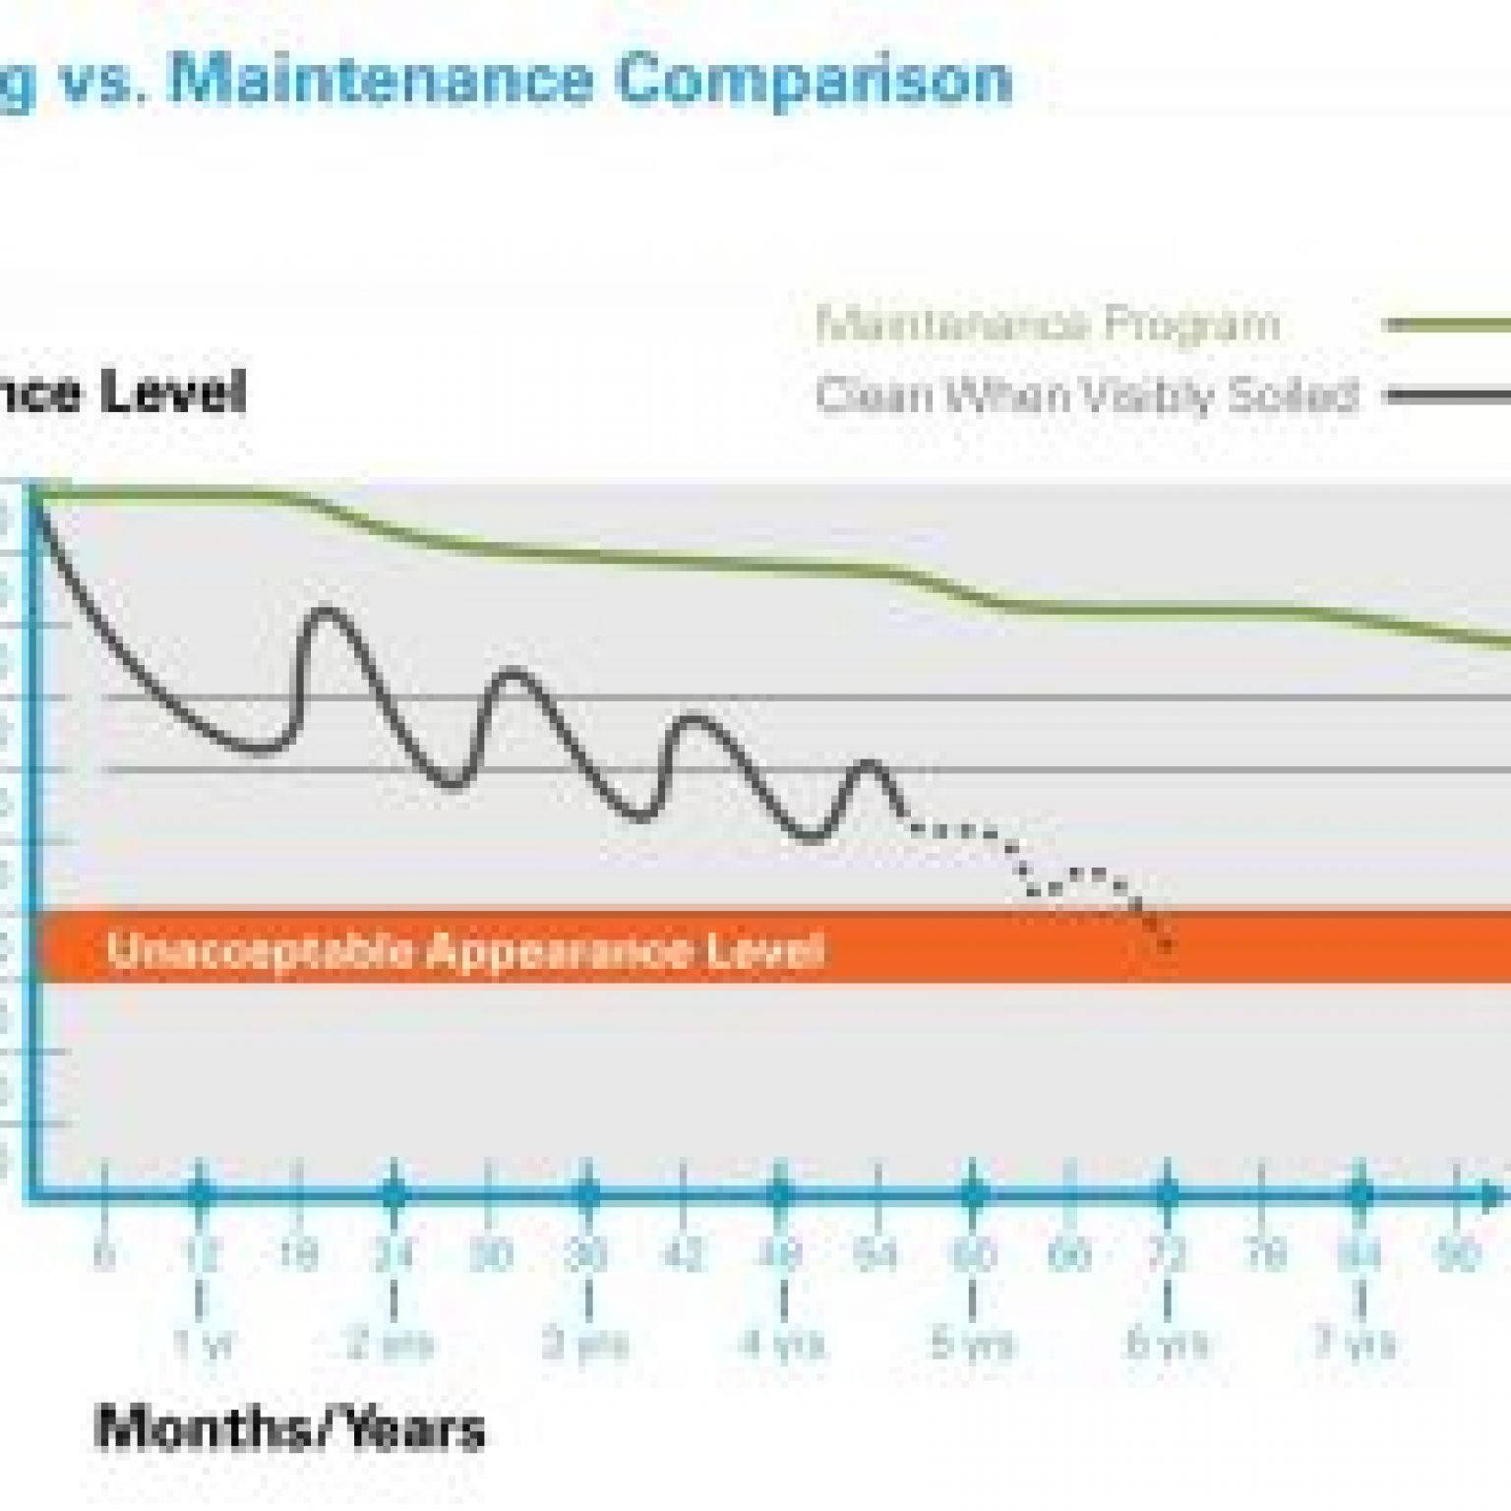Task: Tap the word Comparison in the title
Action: click(x=815, y=79)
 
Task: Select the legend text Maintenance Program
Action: click(x=1048, y=324)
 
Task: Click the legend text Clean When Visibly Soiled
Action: click(x=1087, y=396)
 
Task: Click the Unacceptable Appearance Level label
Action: click(x=465, y=950)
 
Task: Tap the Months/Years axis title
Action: click(x=290, y=1428)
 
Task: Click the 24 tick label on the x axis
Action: click(x=393, y=1255)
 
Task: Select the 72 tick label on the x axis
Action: click(x=1168, y=1255)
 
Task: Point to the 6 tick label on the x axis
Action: click(x=103, y=1255)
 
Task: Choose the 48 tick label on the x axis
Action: click(x=781, y=1255)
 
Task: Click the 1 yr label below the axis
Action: click(x=203, y=1344)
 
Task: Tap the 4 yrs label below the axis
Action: click(x=783, y=1344)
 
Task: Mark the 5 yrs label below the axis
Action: click(x=972, y=1344)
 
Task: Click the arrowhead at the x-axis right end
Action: click(x=1495, y=1195)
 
